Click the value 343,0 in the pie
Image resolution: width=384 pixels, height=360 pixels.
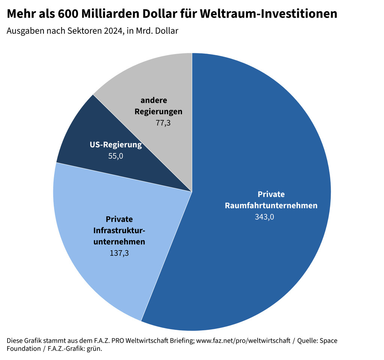(x=264, y=217)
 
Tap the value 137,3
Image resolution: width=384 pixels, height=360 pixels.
(x=119, y=253)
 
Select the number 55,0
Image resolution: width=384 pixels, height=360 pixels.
(x=115, y=156)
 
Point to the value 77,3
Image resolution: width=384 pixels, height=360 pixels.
(x=163, y=123)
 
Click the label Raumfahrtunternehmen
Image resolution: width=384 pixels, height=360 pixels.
(x=271, y=205)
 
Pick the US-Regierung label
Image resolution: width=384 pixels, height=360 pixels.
(x=116, y=145)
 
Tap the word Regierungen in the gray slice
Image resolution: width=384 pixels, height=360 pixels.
(x=159, y=111)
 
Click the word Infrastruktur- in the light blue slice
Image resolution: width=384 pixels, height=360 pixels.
(x=119, y=230)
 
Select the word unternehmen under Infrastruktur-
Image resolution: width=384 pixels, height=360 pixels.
(x=119, y=242)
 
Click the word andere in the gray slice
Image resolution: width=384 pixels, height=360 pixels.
(x=154, y=100)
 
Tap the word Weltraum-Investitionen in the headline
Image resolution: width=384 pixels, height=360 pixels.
(x=268, y=14)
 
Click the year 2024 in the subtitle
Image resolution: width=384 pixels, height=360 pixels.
(x=112, y=31)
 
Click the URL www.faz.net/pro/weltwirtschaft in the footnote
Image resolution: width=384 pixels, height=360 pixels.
(x=243, y=340)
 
